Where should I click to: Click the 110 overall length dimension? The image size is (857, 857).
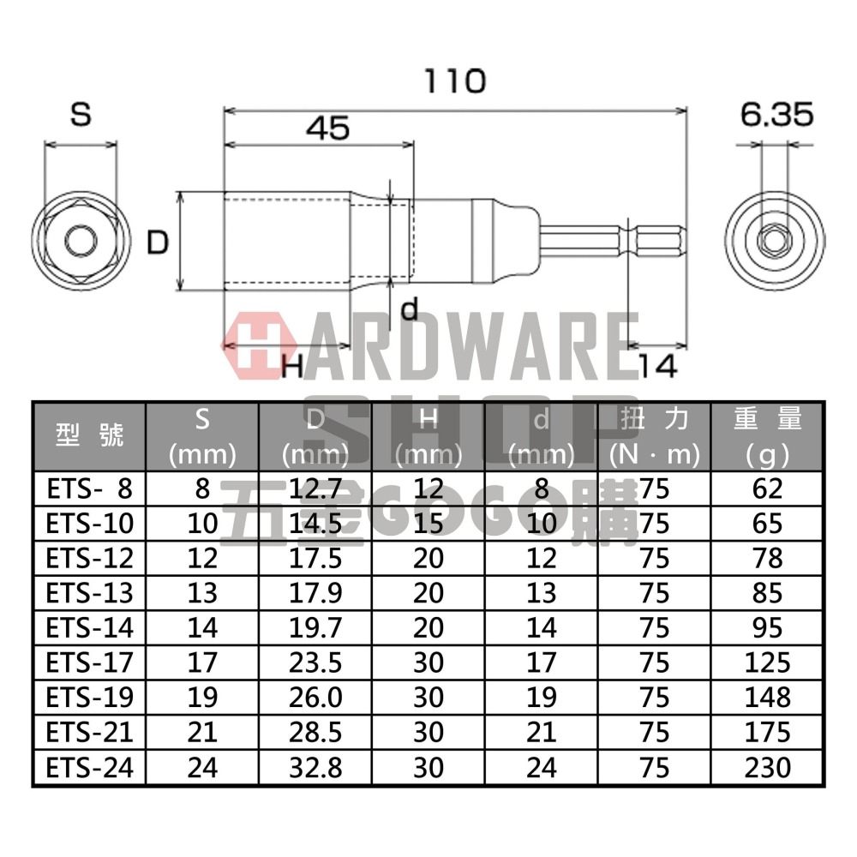pyautogui.click(x=454, y=81)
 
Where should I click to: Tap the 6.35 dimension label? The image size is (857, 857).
pyautogui.click(x=777, y=115)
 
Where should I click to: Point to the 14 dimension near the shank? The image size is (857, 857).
pyautogui.click(x=657, y=366)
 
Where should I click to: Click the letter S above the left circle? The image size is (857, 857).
pyautogui.click(x=81, y=115)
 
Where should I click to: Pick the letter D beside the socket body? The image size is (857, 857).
pyautogui.click(x=157, y=243)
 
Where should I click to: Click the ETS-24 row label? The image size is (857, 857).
pyautogui.click(x=89, y=767)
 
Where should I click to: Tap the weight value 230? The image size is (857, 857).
pyautogui.click(x=767, y=767)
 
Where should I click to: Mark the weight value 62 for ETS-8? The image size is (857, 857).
pyautogui.click(x=767, y=488)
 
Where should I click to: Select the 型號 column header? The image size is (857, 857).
pyautogui.click(x=89, y=435)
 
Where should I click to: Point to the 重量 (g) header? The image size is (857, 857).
pyautogui.click(x=767, y=435)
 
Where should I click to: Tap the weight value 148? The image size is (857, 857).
pyautogui.click(x=767, y=697)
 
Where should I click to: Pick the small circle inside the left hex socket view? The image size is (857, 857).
pyautogui.click(x=81, y=241)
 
